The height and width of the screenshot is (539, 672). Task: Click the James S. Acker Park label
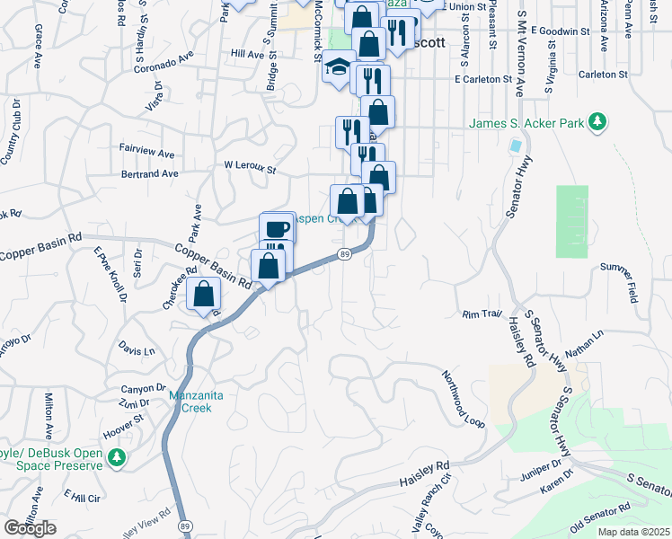point(525,122)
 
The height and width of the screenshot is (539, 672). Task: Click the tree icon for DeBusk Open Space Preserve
point(116,459)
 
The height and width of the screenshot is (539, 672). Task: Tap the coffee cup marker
point(277,228)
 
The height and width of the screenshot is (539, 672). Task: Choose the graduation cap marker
point(339,68)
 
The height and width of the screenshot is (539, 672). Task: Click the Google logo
point(31,528)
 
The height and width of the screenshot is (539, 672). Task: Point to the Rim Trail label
point(480,314)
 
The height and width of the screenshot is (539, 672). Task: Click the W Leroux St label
point(249,167)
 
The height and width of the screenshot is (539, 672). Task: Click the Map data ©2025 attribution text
point(632,532)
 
